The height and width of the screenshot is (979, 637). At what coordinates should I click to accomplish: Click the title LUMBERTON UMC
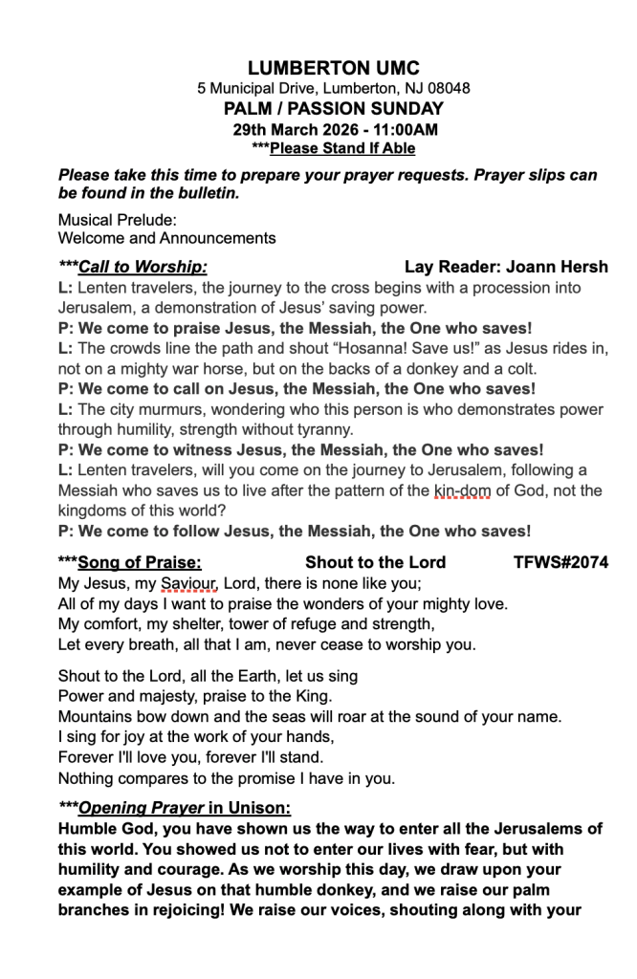pos(333,68)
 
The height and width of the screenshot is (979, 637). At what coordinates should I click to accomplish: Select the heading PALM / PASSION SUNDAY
pos(333,109)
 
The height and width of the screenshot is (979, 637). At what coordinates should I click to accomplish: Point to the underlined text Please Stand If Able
pos(342,148)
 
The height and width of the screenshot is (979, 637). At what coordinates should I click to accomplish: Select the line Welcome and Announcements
pos(166,238)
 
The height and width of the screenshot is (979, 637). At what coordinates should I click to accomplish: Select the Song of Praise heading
pos(140,562)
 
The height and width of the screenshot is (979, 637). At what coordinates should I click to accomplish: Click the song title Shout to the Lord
pos(375,562)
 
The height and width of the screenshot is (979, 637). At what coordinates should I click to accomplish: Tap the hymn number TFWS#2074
pos(560,562)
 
